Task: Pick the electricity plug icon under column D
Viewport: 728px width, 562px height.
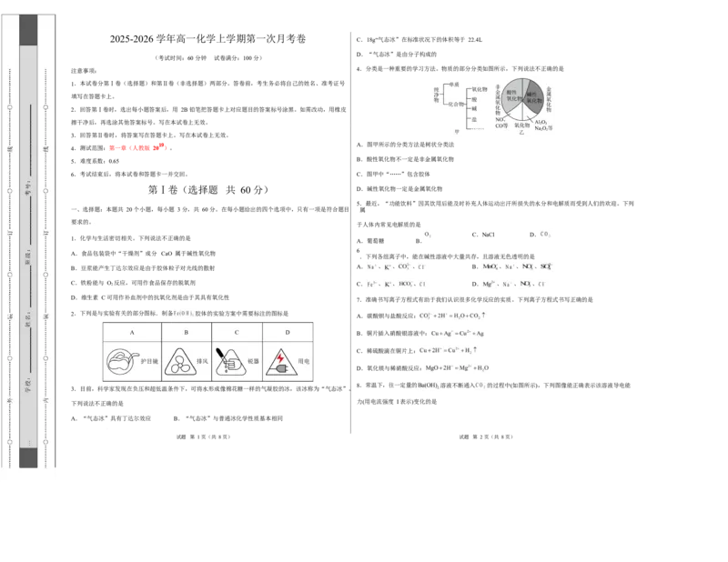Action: pos(278,361)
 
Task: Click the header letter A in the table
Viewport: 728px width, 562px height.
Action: pos(132,333)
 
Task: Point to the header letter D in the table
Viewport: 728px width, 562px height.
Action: pos(288,333)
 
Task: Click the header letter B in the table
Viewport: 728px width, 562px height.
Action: pos(186,333)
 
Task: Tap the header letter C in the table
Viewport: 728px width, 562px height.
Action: pos(237,333)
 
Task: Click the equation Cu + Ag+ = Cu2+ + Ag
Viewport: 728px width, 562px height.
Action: pos(457,334)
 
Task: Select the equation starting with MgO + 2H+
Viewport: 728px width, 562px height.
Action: pos(458,368)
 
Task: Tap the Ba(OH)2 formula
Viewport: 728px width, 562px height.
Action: pos(428,386)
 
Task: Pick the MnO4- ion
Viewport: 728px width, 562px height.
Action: pos(490,267)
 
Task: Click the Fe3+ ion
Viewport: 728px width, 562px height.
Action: pos(371,285)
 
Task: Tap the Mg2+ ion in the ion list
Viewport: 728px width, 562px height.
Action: pos(490,285)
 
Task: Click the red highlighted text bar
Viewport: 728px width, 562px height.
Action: pos(137,146)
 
